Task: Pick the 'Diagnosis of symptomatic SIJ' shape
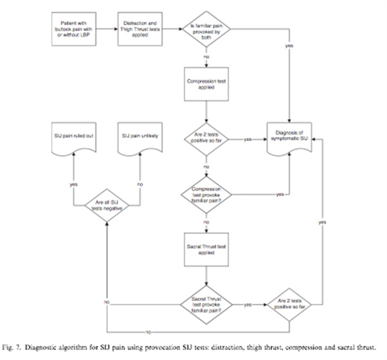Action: (291, 138)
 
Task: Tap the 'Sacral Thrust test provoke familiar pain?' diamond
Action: (204, 304)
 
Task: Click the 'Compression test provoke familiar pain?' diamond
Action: (204, 194)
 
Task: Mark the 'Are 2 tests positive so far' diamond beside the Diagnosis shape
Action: (204, 139)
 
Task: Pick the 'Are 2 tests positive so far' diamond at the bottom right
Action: (291, 304)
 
